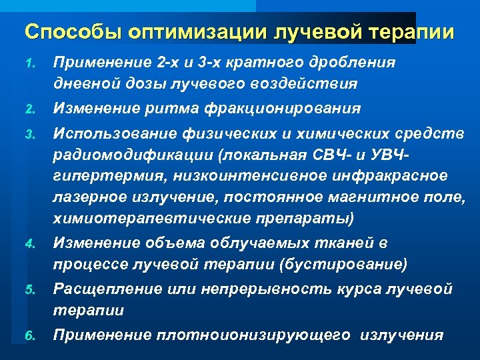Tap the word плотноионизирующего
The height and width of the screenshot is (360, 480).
point(253,335)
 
